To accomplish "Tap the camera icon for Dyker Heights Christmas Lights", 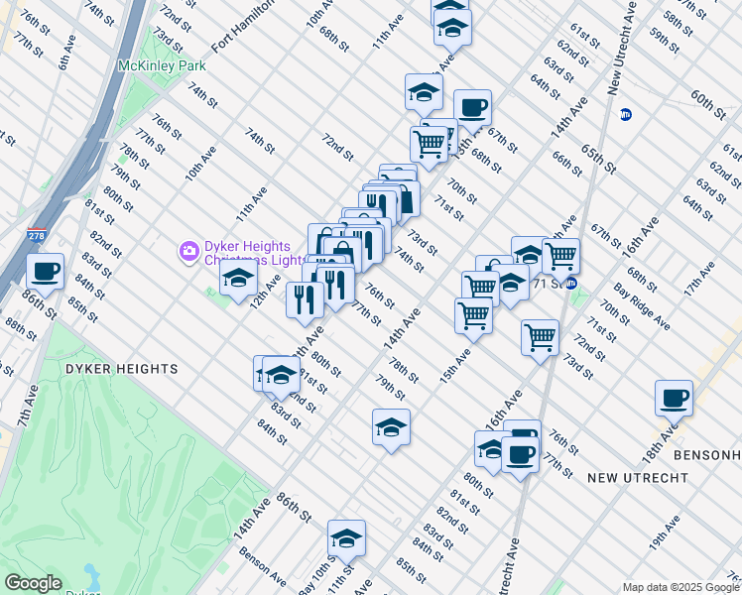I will [188, 252].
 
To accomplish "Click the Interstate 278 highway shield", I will [37, 235].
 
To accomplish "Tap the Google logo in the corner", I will [33, 583].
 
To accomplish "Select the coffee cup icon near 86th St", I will [46, 272].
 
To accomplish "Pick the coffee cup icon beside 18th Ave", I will [674, 399].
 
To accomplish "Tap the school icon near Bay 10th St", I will [346, 538].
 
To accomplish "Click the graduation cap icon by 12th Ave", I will [238, 282].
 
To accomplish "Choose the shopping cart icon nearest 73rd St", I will [541, 336].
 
